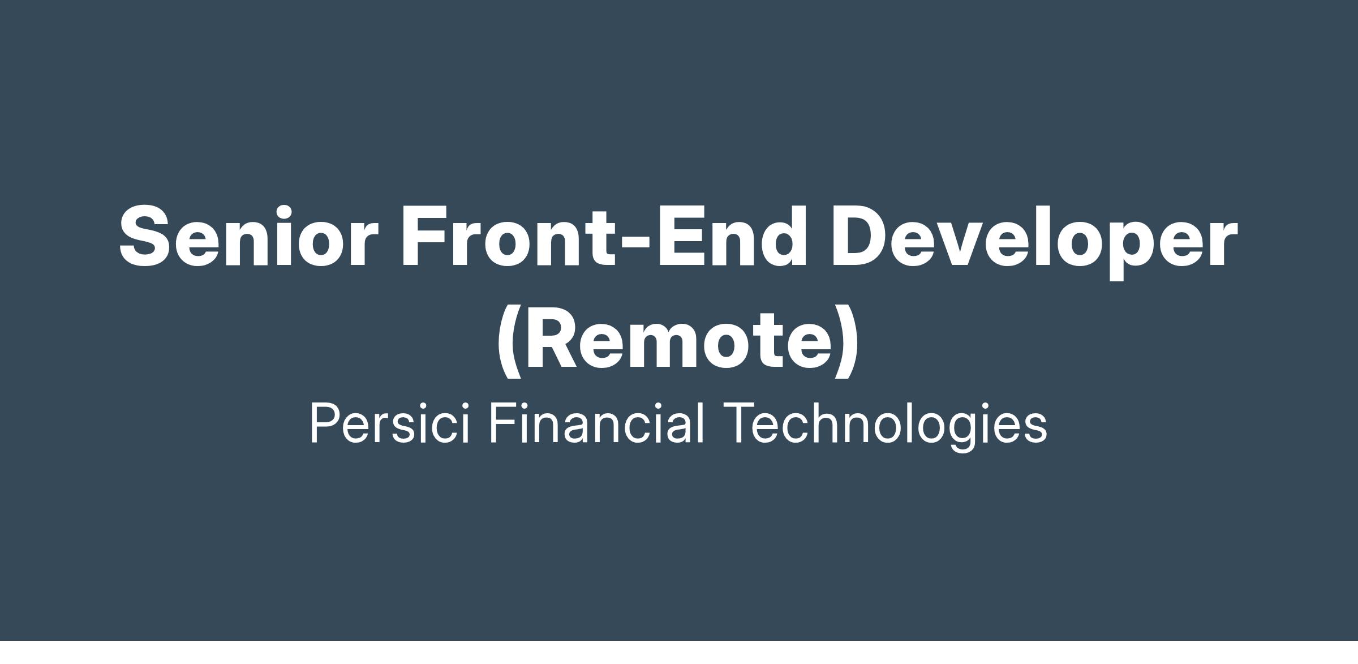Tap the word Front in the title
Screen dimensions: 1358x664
point(508,235)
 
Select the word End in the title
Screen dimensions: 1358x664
point(730,235)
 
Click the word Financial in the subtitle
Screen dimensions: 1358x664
point(596,423)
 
